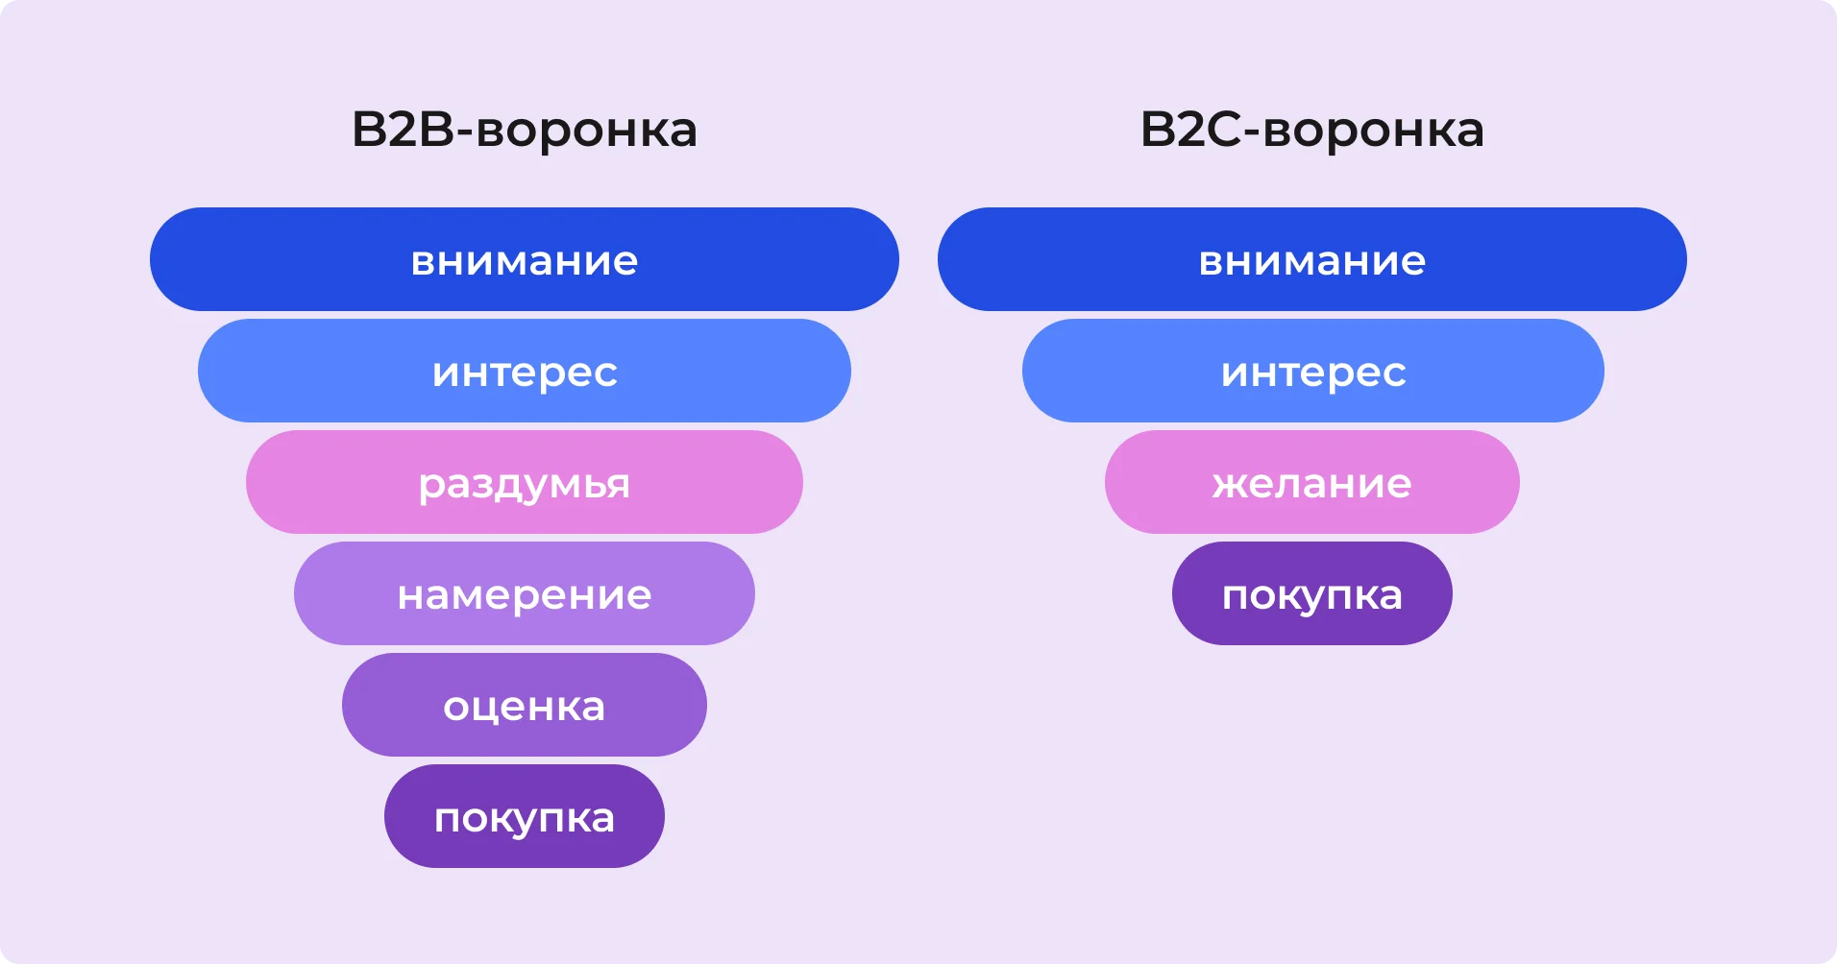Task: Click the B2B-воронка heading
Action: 524,130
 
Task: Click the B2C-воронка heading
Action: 1311,130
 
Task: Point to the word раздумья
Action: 524,484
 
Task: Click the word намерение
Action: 524,595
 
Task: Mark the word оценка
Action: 524,707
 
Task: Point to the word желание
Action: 1311,484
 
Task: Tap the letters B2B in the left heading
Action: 403,130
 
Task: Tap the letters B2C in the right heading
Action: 1191,130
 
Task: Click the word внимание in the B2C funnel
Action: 1311,261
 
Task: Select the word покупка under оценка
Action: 524,818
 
